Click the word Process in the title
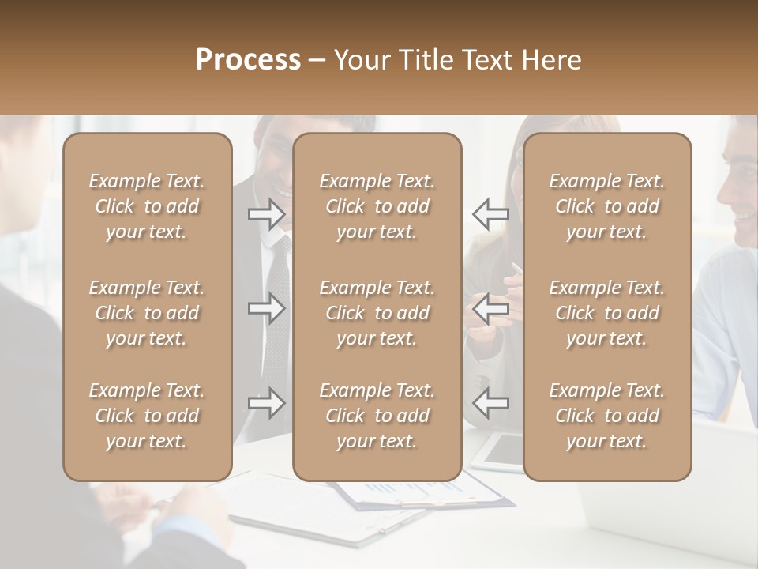[248, 60]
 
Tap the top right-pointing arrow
[266, 214]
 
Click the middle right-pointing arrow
[266, 308]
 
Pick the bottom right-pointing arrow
[266, 402]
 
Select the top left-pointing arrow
[490, 214]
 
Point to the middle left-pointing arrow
[490, 308]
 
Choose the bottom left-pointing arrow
[490, 402]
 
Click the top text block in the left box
[147, 206]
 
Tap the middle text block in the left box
[147, 313]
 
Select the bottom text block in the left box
[147, 416]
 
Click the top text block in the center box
[377, 206]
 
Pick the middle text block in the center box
[377, 313]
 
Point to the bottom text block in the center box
[377, 416]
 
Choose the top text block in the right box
[607, 206]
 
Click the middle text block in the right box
[607, 313]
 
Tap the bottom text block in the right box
[607, 416]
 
